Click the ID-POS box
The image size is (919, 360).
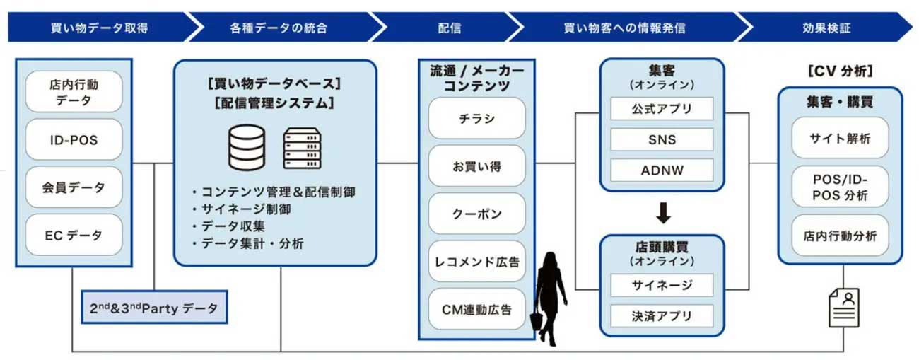74,139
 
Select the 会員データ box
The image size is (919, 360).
74,187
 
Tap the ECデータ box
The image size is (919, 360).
74,235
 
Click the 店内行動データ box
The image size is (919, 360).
74,92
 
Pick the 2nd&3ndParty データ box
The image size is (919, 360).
153,308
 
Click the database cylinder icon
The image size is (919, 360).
246,147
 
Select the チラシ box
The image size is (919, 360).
476,118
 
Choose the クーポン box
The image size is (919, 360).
476,214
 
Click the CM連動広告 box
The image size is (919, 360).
476,309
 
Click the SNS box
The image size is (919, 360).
662,139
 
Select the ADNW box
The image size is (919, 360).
662,170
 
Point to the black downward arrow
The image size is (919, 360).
662,213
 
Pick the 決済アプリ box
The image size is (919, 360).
662,315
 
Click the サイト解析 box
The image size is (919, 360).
839,139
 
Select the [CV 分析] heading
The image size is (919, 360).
840,71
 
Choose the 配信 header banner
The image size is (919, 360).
450,28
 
